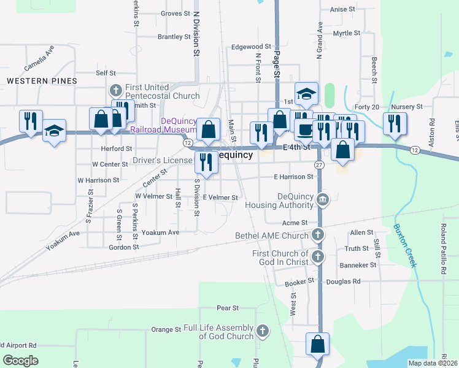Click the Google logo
[20, 361]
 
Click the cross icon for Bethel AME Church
[317, 234]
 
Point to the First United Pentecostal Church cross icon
[117, 90]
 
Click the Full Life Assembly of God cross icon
[262, 331]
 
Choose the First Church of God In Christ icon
[317, 257]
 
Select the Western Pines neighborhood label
[42, 81]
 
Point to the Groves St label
[175, 13]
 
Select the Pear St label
[227, 307]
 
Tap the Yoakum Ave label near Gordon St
[160, 232]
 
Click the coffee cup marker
[305, 129]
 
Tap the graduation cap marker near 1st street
[306, 94]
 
